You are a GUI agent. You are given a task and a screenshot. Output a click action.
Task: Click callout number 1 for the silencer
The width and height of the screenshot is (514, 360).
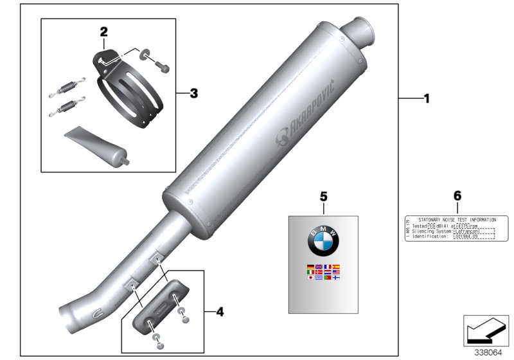click(x=425, y=99)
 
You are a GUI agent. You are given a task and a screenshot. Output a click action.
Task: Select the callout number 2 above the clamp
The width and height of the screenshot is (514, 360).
click(x=103, y=31)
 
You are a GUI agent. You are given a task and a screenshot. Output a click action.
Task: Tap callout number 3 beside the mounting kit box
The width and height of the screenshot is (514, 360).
click(x=193, y=93)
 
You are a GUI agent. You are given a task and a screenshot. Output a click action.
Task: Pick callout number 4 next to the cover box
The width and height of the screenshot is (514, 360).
click(x=220, y=312)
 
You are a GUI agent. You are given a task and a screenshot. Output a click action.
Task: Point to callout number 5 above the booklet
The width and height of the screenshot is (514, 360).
click(x=324, y=194)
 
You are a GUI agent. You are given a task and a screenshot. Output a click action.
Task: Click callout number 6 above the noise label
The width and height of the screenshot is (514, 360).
click(x=457, y=194)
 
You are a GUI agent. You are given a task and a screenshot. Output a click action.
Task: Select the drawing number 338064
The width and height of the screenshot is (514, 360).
click(x=490, y=352)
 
